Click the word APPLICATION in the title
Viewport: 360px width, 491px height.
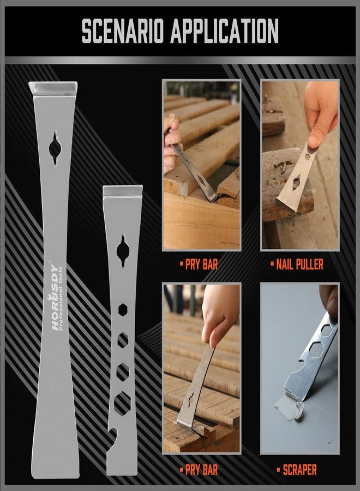[x=225, y=31]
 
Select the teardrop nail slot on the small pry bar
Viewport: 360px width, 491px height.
[x=123, y=251]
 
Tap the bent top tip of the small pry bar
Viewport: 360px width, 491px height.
[x=123, y=191]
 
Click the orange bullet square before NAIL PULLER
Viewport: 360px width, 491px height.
[x=272, y=265]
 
